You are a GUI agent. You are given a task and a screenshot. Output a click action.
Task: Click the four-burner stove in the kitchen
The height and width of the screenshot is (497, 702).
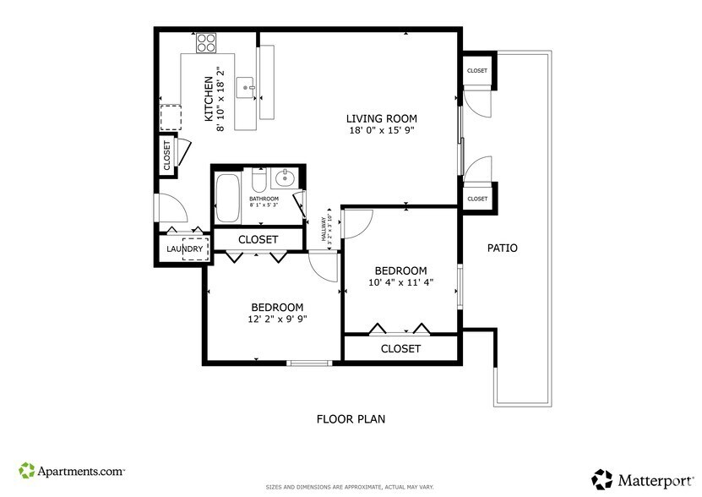(x=206, y=42)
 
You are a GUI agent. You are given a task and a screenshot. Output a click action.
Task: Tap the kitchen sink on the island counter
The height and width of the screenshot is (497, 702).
(x=246, y=85)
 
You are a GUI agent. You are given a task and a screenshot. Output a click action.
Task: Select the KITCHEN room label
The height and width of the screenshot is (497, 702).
(x=209, y=99)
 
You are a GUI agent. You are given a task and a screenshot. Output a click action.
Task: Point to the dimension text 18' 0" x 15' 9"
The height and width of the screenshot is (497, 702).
(x=381, y=130)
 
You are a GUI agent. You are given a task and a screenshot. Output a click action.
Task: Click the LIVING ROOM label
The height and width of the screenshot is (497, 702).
(x=382, y=118)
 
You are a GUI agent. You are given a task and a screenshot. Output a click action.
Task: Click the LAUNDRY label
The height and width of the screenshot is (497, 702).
(x=184, y=249)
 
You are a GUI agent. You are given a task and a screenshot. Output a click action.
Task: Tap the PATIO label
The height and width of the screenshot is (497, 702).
(x=503, y=248)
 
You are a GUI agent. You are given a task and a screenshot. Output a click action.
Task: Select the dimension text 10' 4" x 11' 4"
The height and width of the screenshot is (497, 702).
(x=401, y=282)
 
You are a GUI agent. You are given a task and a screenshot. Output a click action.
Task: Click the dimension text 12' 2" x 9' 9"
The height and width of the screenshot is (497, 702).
(x=277, y=319)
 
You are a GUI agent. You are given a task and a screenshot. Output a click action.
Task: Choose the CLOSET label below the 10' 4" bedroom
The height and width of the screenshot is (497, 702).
(x=400, y=348)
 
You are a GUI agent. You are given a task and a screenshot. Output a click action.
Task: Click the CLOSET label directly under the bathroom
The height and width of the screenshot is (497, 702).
(x=258, y=240)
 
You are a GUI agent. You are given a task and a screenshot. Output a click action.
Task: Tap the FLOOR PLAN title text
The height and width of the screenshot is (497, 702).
(x=351, y=418)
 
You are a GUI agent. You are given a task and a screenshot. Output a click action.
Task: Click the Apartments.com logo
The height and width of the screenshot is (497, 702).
(x=73, y=470)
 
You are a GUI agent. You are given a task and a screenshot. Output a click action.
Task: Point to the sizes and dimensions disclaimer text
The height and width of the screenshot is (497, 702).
(x=351, y=488)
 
